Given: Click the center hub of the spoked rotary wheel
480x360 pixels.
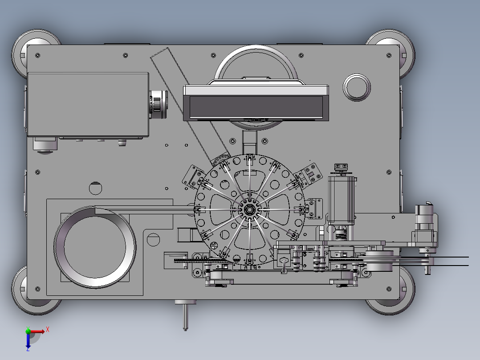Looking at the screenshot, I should (x=249, y=209).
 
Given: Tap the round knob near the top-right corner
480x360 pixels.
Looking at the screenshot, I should (x=357, y=87).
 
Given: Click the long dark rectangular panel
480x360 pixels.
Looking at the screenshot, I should (x=256, y=106).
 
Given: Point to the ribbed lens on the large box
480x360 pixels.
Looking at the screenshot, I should (x=158, y=104).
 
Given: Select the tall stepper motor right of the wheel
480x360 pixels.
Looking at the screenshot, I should (x=342, y=200).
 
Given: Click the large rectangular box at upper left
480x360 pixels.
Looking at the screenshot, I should (x=88, y=104).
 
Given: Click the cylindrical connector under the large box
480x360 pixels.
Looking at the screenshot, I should (x=45, y=144).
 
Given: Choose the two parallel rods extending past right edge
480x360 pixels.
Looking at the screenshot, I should (x=450, y=262).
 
